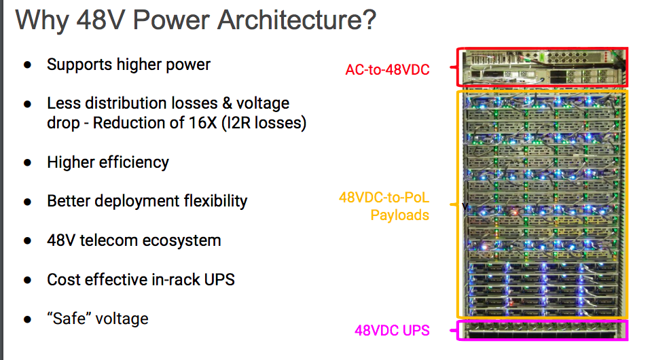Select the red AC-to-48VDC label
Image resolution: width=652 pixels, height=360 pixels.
click(x=387, y=69)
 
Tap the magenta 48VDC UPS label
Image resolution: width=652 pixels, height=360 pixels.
click(x=392, y=331)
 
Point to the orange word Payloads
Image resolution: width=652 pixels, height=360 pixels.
click(x=399, y=215)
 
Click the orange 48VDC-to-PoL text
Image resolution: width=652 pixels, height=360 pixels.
click(x=384, y=198)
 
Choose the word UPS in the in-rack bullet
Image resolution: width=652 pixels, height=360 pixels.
click(x=219, y=279)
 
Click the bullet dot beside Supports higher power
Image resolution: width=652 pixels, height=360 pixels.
click(x=28, y=65)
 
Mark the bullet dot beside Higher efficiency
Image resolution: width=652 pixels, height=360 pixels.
click(x=28, y=163)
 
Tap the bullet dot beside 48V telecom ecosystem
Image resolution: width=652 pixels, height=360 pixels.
click(x=28, y=241)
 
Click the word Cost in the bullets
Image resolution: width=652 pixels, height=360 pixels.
click(x=62, y=279)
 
